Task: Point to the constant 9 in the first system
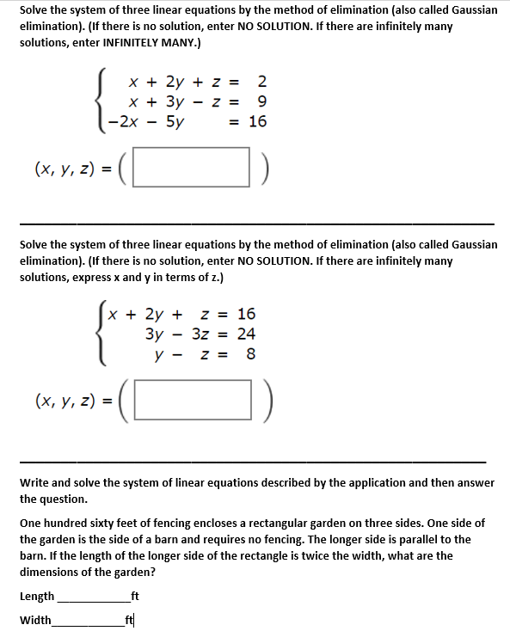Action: coord(261,102)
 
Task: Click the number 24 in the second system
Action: coord(246,334)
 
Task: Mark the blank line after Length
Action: coord(91,597)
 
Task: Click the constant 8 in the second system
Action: coord(251,353)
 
